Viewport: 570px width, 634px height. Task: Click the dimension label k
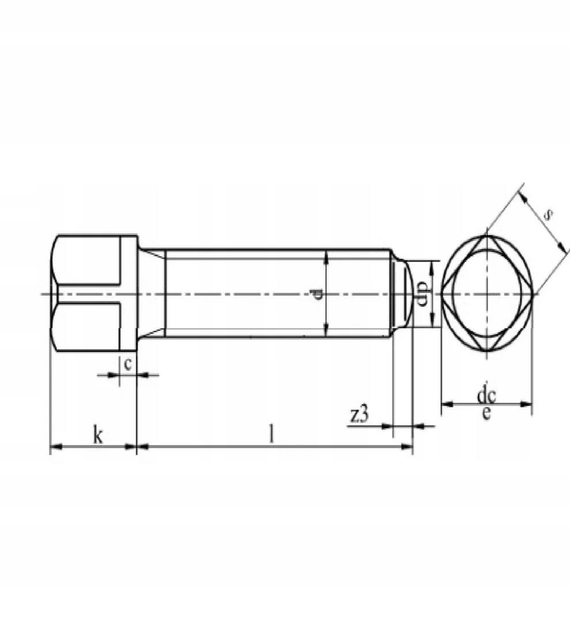pos(98,436)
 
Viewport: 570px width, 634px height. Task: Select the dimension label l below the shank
pos(271,434)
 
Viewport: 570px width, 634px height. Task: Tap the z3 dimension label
pos(359,415)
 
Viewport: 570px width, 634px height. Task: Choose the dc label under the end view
pos(487,395)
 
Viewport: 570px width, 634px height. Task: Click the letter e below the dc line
pos(487,413)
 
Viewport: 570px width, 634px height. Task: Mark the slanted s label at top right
pos(548,215)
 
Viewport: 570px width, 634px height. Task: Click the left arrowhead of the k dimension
pos(55,446)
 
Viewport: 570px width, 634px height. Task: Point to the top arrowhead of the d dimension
pos(326,255)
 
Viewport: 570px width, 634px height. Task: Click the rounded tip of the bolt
pos(407,294)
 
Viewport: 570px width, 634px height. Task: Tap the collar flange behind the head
pos(128,294)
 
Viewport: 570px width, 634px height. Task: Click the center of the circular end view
pos(487,294)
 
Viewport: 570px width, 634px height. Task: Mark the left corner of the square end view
pos(442,294)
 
